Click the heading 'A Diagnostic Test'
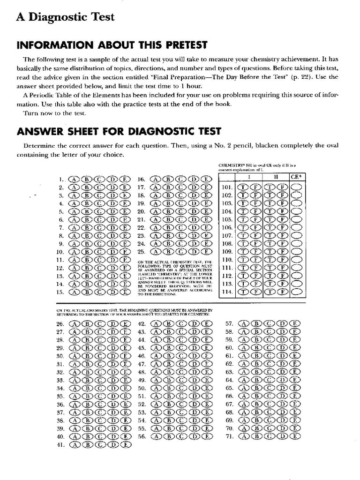pyautogui.click(x=65, y=17)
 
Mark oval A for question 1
pyautogui.click(x=75, y=179)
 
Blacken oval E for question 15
pyautogui.click(x=124, y=292)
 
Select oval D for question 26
pyautogui.click(x=112, y=323)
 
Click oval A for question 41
pyautogui.click(x=75, y=445)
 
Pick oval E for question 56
pyautogui.click(x=205, y=436)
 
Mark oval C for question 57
pyautogui.click(x=270, y=323)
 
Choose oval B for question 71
pyautogui.click(x=257, y=436)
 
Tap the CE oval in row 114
pyautogui.click(x=296, y=292)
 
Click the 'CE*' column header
pyautogui.click(x=296, y=178)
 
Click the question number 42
pyautogui.click(x=141, y=323)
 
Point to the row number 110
pyautogui.click(x=227, y=259)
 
